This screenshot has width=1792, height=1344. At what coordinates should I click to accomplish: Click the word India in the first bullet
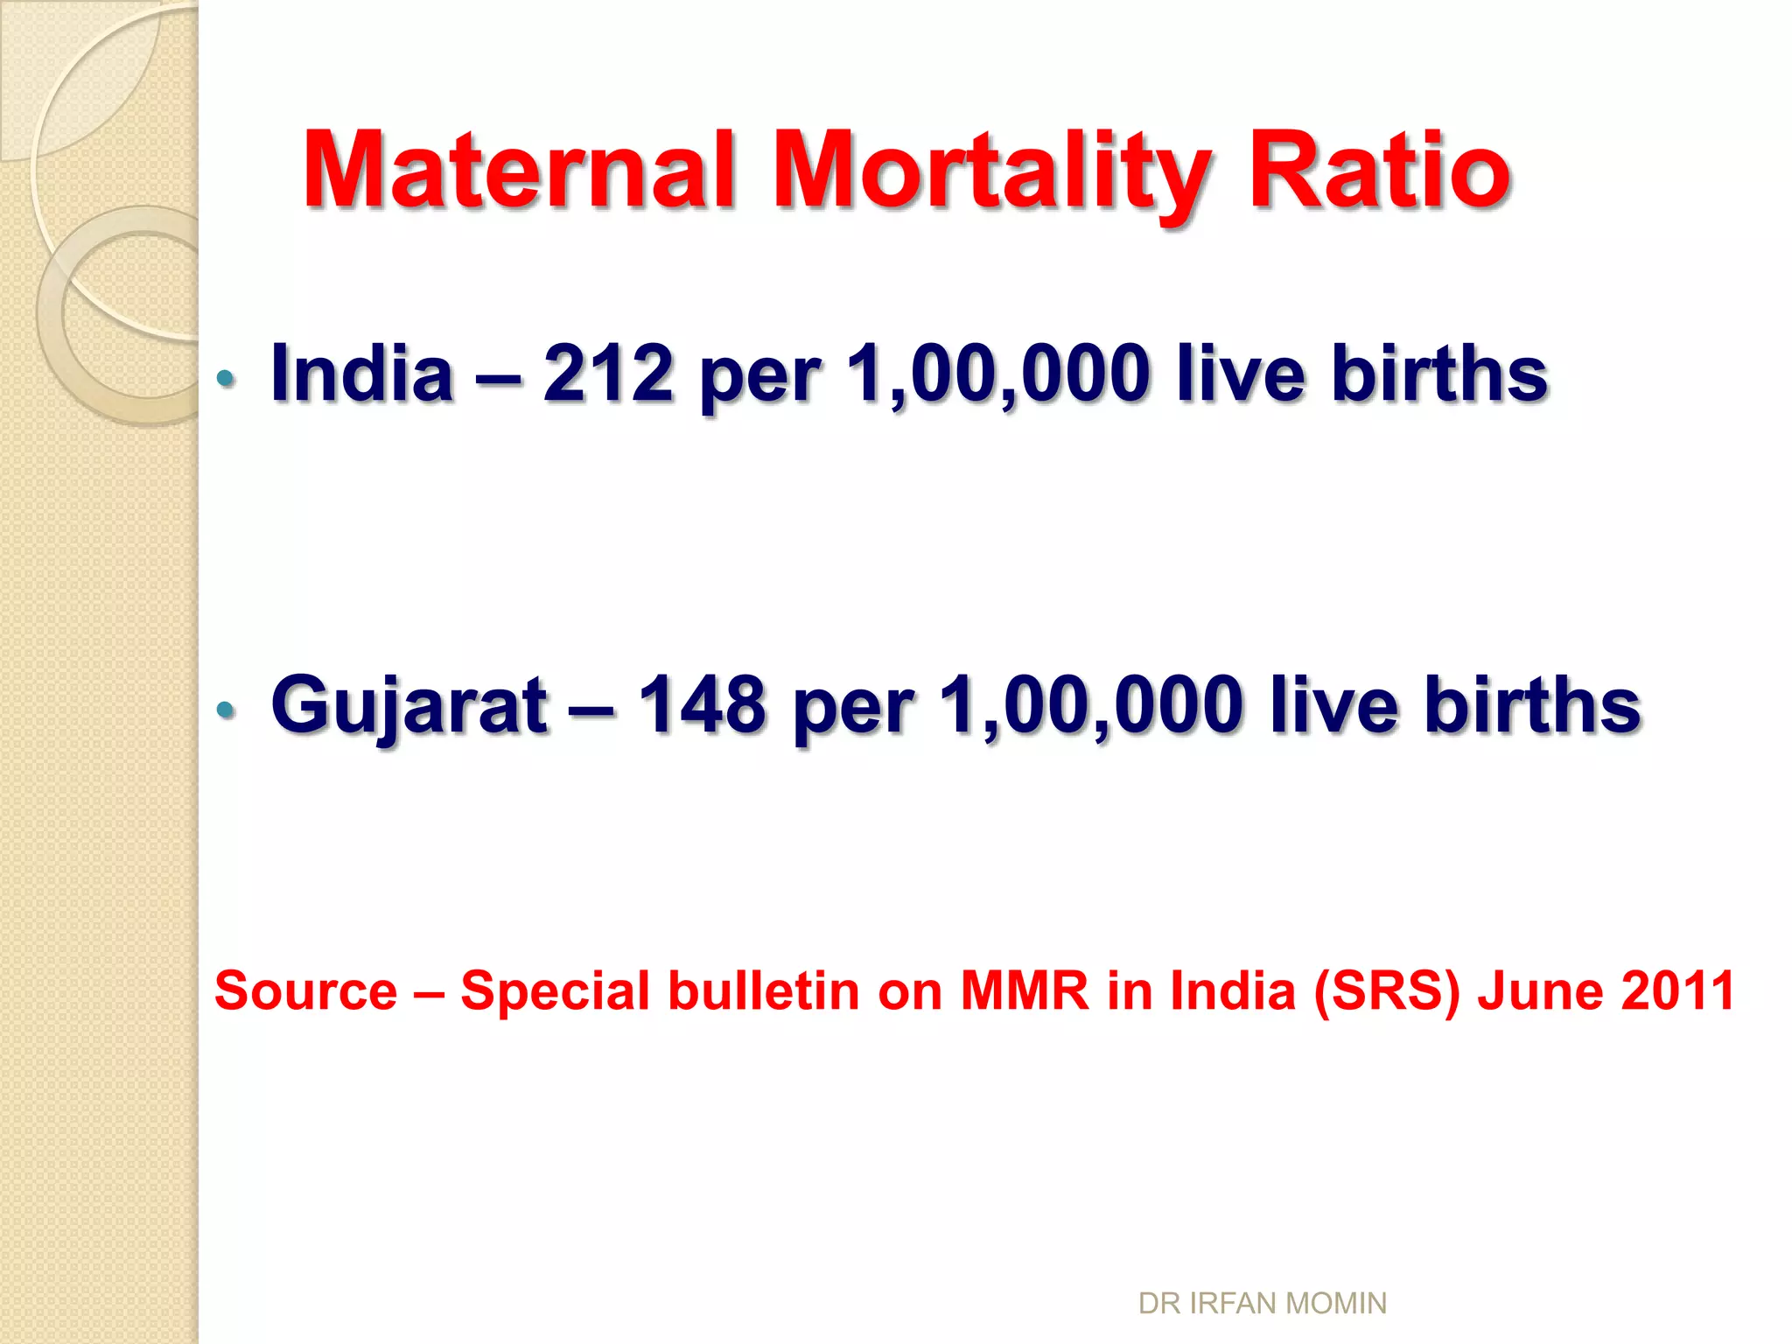(x=362, y=374)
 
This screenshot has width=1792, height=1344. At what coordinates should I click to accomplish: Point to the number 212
(x=608, y=374)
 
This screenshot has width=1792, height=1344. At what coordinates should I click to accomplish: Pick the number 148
(x=702, y=705)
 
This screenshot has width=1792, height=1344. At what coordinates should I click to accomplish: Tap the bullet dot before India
(x=226, y=378)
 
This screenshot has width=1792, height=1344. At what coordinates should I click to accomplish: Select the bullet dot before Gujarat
(x=226, y=709)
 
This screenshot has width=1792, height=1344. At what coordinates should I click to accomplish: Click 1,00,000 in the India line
(x=998, y=374)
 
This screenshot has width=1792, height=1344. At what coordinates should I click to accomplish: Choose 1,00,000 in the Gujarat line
(x=1091, y=705)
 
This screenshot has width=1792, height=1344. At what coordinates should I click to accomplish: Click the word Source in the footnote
(x=306, y=991)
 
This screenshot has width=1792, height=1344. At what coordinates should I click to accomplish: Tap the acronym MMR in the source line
(x=1025, y=991)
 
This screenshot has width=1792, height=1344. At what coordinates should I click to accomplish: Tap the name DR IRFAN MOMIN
(x=1262, y=1304)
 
